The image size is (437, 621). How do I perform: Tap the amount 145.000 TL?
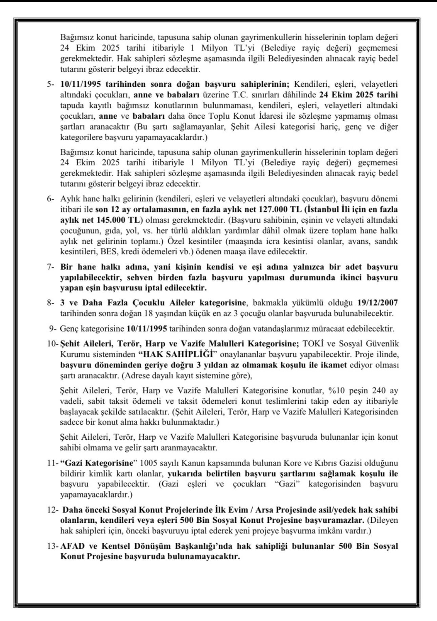tap(116, 220)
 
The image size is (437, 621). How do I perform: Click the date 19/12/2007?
tap(377, 302)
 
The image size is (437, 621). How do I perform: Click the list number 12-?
tap(53, 510)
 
